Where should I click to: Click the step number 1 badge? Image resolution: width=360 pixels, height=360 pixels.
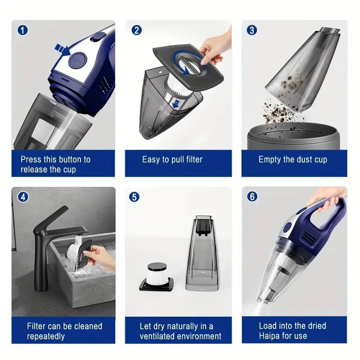pyautogui.click(x=22, y=30)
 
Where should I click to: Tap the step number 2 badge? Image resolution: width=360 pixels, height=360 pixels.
pyautogui.click(x=136, y=30)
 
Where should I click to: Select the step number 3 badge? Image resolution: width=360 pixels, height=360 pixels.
pyautogui.click(x=252, y=30)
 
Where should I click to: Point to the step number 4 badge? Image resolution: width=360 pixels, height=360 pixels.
pyautogui.click(x=22, y=197)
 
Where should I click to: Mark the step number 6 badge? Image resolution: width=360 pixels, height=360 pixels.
pyautogui.click(x=252, y=197)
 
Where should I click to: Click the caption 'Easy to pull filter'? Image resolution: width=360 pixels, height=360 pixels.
pyautogui.click(x=172, y=159)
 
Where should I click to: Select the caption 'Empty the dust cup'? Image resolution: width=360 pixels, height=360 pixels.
pyautogui.click(x=292, y=159)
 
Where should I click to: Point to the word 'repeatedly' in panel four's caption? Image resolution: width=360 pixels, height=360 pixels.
pyautogui.click(x=46, y=336)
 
